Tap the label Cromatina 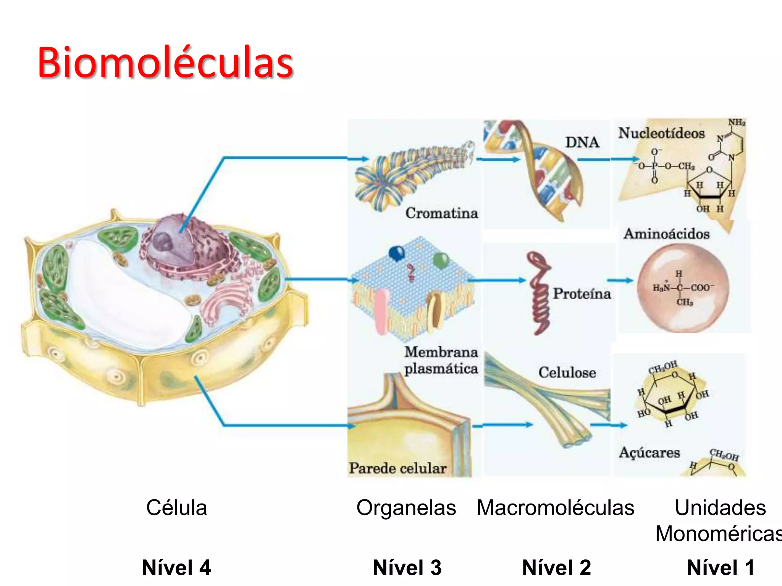441,213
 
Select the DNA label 582,142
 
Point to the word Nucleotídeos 661,133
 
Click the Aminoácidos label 666,233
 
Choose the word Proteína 582,293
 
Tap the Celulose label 567,372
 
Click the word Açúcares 649,452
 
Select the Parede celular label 397,468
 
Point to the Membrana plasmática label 441,360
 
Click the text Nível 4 176,567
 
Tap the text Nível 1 720,567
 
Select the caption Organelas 406,508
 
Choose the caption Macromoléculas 555,508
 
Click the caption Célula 176,508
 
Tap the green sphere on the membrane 441,260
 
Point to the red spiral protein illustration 539,294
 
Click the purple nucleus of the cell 179,244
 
